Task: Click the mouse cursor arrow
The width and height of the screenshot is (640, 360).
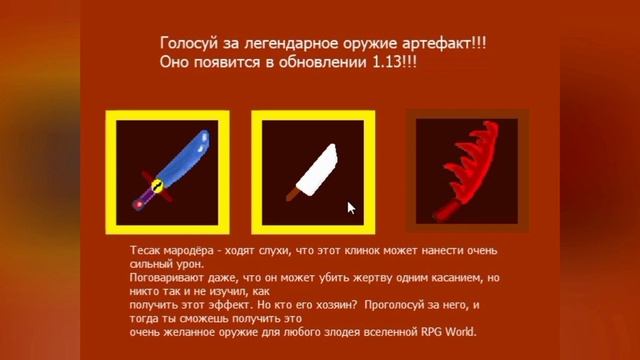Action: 351,207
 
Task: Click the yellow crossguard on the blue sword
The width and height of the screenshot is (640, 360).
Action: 155,184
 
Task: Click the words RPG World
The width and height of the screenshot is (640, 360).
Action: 450,333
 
